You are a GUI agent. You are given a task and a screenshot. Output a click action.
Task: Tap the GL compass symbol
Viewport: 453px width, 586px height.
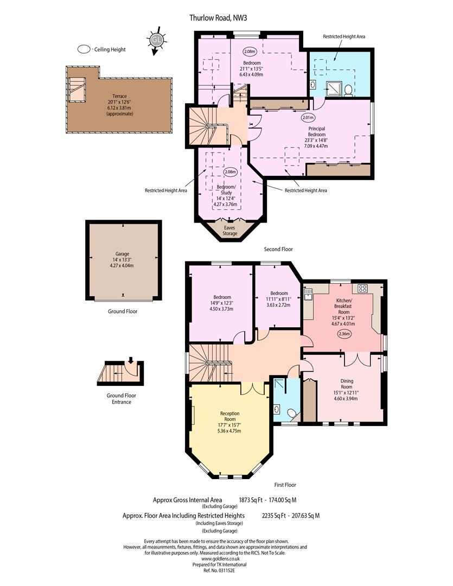point(156,40)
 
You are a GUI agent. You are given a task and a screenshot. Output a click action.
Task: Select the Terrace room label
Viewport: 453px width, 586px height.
point(119,96)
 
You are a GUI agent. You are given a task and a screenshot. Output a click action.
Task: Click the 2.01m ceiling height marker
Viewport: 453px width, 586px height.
point(308,117)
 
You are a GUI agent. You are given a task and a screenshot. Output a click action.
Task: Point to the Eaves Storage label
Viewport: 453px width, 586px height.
point(230,231)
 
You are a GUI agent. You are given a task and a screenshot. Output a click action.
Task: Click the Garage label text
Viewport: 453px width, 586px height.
point(122,254)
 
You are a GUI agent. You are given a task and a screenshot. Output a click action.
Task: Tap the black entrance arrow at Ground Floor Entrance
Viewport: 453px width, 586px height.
point(130,360)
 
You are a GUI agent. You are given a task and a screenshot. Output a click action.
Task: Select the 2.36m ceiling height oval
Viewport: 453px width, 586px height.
point(343,334)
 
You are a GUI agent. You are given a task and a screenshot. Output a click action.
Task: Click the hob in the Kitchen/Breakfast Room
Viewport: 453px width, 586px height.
point(362,288)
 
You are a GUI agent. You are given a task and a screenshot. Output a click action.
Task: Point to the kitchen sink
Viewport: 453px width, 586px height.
point(308,294)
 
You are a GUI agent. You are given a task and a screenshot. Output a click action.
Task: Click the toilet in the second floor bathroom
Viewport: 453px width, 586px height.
point(348,90)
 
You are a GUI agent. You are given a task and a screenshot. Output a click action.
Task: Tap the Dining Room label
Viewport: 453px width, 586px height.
point(347,384)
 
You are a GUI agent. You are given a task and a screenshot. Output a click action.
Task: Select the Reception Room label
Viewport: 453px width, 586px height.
point(230,416)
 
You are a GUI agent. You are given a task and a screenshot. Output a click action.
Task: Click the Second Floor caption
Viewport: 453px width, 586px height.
point(278,249)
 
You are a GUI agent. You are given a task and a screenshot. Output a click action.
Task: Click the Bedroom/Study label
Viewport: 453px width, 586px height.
point(227,190)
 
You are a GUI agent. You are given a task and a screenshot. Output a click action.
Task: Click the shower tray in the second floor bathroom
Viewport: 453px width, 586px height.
point(334,89)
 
